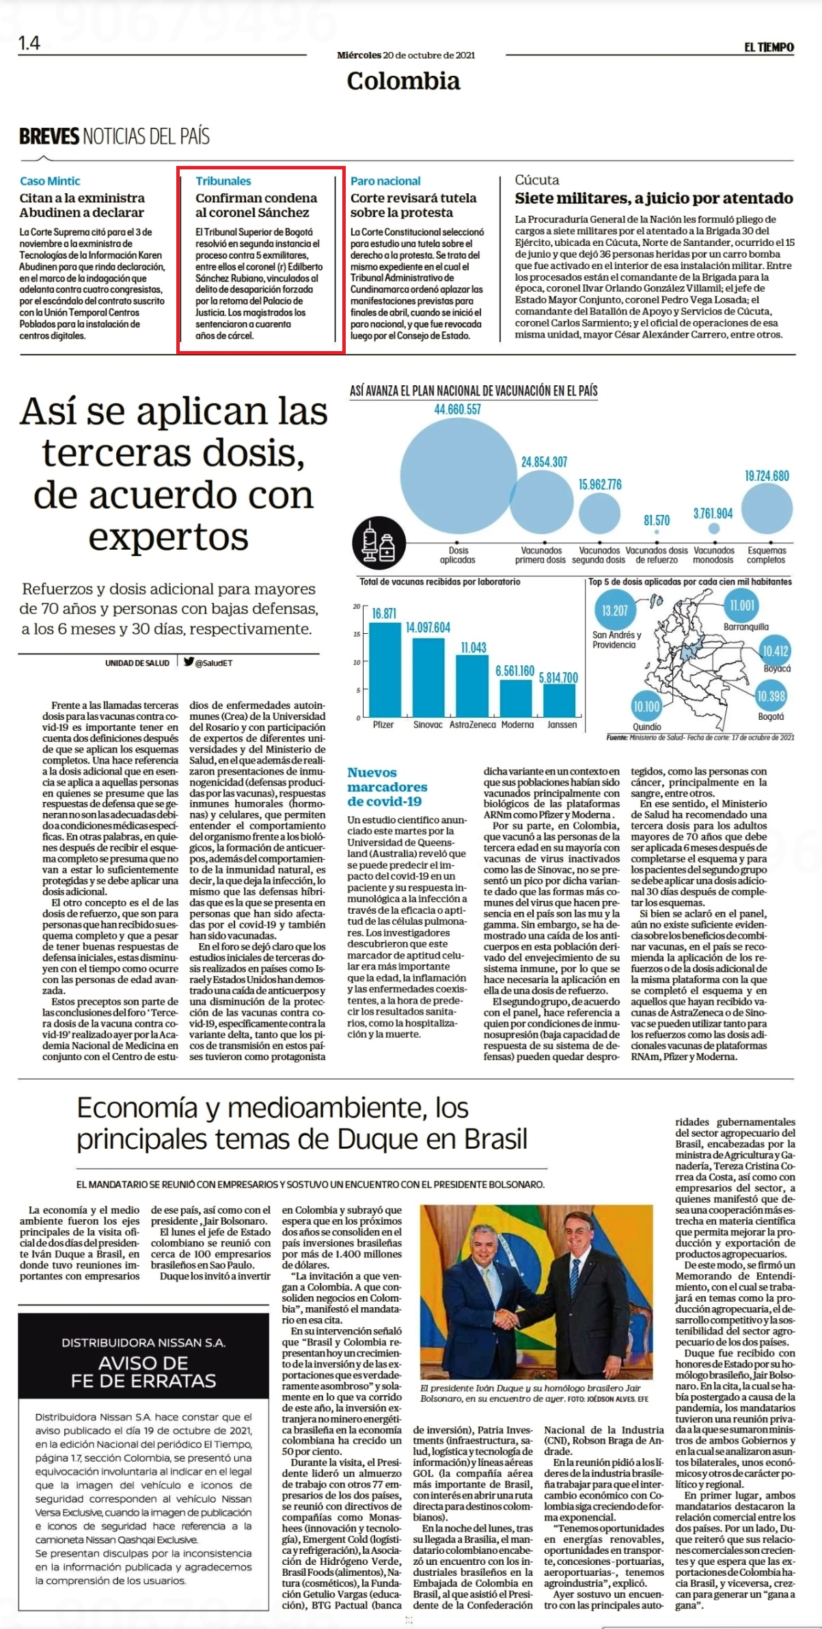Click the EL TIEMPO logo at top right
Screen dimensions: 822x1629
769,46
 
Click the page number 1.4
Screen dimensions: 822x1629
29,43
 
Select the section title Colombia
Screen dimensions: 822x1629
403,81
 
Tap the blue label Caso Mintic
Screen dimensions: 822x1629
50,181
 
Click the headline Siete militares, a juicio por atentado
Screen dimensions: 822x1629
654,198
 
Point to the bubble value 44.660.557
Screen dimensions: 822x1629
458,409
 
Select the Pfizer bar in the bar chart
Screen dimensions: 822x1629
383,669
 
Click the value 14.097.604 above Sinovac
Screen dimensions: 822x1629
428,627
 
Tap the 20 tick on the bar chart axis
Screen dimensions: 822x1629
356,606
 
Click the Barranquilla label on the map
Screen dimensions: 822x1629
746,626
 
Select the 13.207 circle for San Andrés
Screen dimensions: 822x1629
615,610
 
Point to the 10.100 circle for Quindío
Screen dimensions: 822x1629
646,706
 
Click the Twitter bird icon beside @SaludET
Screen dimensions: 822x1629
189,661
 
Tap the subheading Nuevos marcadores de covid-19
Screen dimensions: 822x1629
387,787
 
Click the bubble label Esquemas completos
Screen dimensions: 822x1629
767,555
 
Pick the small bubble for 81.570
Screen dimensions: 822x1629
657,531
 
